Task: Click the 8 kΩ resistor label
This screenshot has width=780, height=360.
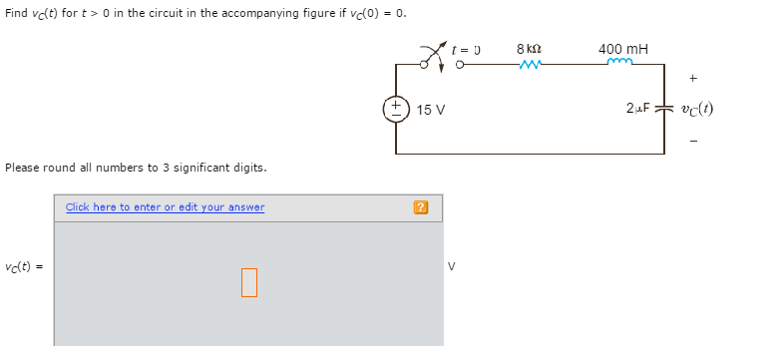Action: pyautogui.click(x=529, y=48)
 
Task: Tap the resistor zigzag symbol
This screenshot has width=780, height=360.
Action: pyautogui.click(x=531, y=66)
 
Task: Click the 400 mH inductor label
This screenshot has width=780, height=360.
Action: pyautogui.click(x=621, y=48)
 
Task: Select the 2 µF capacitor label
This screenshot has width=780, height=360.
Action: pyautogui.click(x=638, y=108)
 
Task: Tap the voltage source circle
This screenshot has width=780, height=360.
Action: pyautogui.click(x=396, y=108)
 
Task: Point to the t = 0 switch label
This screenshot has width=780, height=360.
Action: pyautogui.click(x=466, y=48)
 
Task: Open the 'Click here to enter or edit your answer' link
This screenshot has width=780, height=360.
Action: pyautogui.click(x=165, y=207)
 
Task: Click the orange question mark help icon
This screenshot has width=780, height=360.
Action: pyautogui.click(x=421, y=207)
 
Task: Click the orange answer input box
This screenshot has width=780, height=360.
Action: pyautogui.click(x=248, y=282)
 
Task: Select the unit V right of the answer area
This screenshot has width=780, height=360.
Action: pyautogui.click(x=452, y=266)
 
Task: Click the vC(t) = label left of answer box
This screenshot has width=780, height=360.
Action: pyautogui.click(x=25, y=266)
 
